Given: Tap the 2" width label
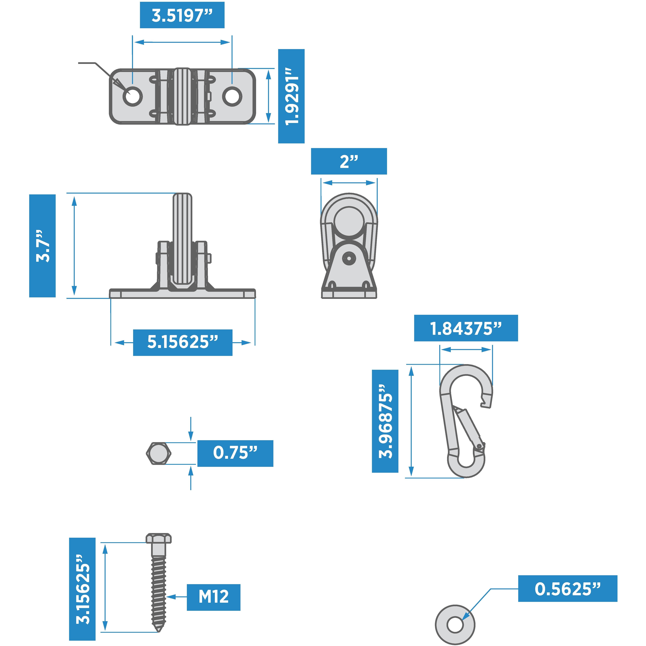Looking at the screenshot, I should tap(349, 161).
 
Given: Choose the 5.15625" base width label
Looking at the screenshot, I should tap(183, 342).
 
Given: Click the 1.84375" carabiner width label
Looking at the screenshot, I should tap(466, 328).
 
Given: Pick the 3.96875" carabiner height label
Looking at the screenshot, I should tap(385, 421).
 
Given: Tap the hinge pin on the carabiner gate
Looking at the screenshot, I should tap(479, 446).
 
